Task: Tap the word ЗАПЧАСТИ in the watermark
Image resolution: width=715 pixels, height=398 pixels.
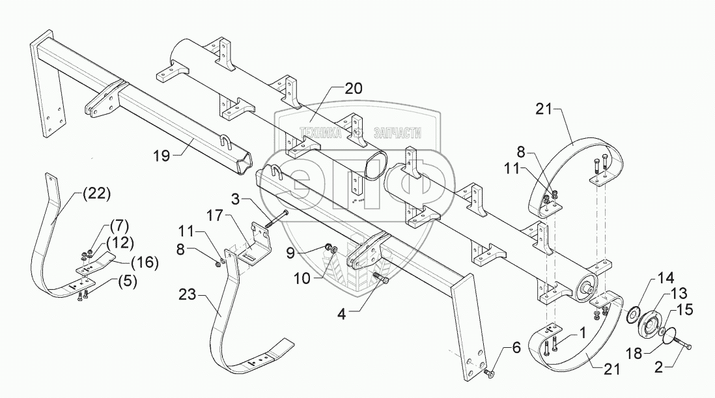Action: tap(397, 133)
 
